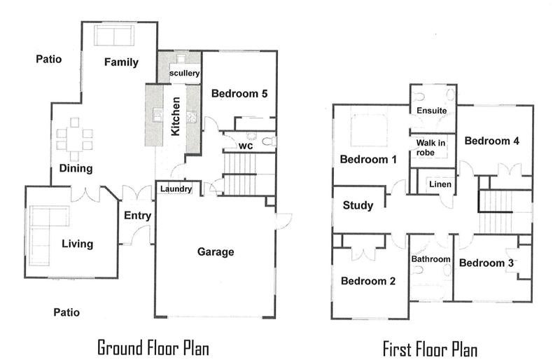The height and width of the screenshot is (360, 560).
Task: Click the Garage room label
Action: point(216,251)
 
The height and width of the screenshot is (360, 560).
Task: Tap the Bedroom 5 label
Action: point(239,94)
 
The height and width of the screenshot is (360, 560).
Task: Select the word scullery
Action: point(184,74)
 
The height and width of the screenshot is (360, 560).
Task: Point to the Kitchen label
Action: point(176,116)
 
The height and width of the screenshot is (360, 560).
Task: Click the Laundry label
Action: point(176,189)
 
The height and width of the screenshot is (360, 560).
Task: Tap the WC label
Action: point(246,146)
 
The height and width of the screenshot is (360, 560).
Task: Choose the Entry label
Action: point(137,216)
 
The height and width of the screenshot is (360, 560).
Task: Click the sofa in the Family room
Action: point(114,36)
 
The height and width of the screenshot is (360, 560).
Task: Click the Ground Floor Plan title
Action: point(153,348)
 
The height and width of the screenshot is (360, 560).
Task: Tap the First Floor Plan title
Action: point(430,349)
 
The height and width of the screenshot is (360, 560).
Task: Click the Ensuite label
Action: point(432,111)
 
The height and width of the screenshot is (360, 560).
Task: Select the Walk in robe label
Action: point(430,148)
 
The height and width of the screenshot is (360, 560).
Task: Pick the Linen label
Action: point(440,184)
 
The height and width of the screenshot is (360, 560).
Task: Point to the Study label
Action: point(358,205)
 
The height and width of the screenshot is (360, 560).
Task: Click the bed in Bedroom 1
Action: point(369,130)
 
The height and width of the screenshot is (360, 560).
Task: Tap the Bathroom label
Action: point(430,259)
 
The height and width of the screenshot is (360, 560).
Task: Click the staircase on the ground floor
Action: point(239,174)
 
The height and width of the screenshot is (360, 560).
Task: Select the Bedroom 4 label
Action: point(492,141)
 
